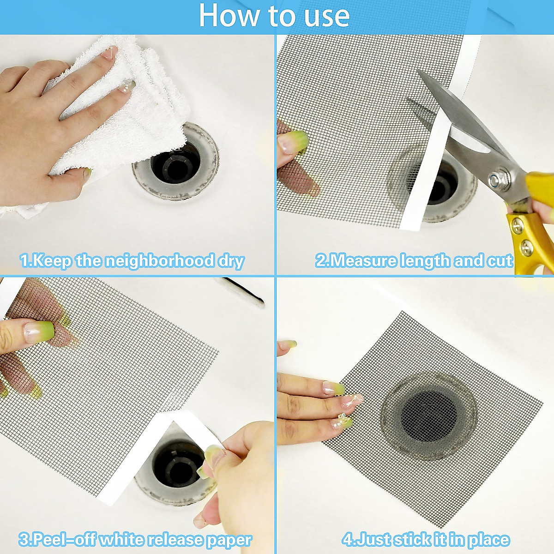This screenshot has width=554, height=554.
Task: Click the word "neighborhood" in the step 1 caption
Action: tap(159, 261)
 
